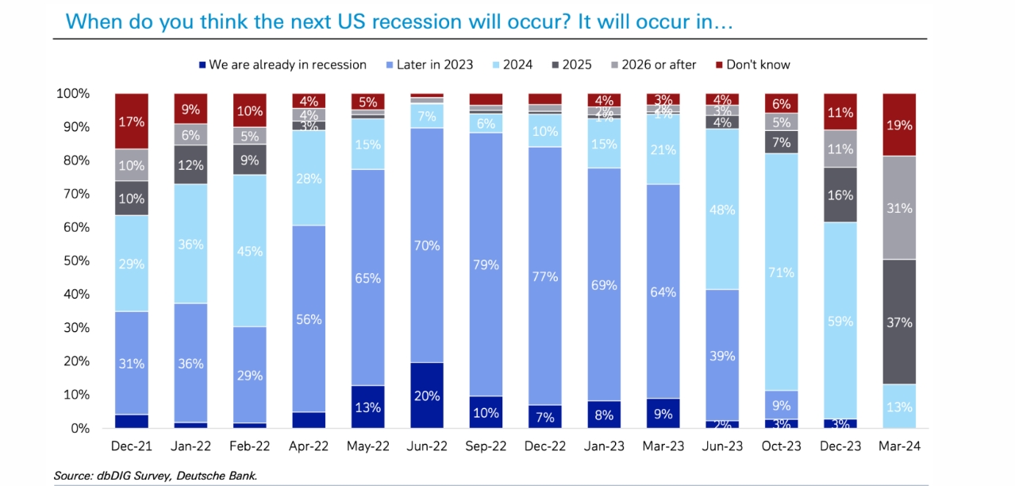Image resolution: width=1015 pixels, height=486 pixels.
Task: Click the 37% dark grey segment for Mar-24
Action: pos(899,322)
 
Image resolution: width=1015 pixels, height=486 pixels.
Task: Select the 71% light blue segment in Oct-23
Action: pos(782,272)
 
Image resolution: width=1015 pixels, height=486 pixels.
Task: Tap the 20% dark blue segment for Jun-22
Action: pos(426,395)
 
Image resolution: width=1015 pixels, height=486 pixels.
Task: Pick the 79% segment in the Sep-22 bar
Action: pos(485,264)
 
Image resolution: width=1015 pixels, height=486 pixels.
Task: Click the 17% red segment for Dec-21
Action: pos(132,121)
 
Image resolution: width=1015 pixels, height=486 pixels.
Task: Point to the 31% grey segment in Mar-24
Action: pos(899,208)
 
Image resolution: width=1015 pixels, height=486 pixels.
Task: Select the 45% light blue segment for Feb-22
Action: pos(249,251)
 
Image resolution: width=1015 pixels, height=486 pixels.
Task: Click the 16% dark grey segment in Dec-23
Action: pos(840,195)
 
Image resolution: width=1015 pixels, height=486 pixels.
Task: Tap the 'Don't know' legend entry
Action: pos(758,65)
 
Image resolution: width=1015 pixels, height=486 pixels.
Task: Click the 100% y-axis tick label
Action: pos(72,94)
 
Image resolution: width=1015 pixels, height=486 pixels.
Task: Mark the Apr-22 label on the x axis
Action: pos(309,447)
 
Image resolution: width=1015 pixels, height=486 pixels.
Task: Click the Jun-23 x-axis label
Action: pos(723,447)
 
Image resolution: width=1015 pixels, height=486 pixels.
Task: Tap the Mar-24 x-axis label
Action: pos(899,447)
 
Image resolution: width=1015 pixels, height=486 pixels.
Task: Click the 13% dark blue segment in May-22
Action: pos(367,407)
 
